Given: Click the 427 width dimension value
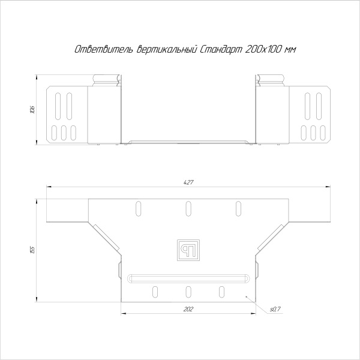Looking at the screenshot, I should click(188, 182).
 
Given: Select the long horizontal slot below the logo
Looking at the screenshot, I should click(188, 278).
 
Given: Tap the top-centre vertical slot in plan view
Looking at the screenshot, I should click(188, 208).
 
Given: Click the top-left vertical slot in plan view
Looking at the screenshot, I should click(138, 208).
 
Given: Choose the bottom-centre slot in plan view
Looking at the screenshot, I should click(188, 292).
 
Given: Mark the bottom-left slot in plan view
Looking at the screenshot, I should click(155, 292).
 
